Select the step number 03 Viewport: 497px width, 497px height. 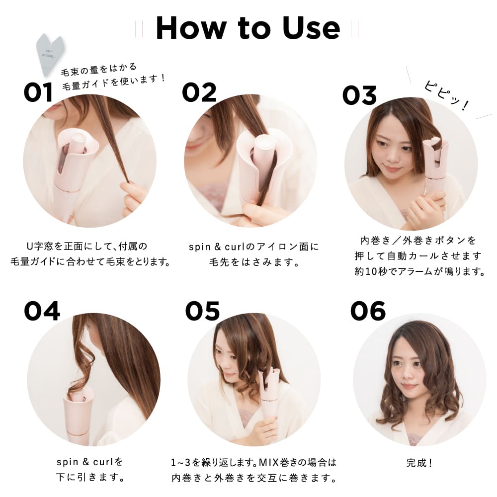point(359,94)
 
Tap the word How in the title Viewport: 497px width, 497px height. point(187,28)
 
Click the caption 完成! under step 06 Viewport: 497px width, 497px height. point(419,463)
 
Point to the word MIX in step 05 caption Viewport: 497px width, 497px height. point(268,463)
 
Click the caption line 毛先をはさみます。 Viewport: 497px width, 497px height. point(253,261)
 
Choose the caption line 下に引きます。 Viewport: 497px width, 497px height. point(89,478)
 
